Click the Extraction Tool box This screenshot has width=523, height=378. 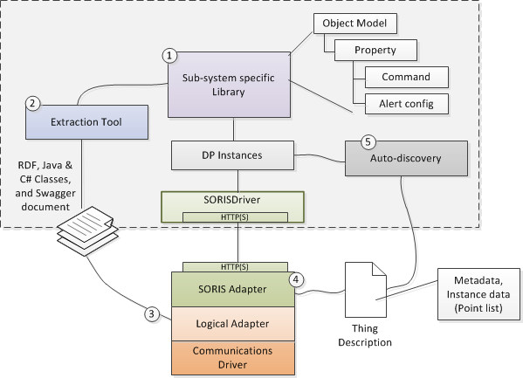86,122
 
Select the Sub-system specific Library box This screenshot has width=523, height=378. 229,85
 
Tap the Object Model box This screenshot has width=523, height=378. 355,24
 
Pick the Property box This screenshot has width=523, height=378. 375,50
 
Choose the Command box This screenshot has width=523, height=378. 407,77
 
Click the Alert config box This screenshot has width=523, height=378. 407,104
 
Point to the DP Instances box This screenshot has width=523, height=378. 232,155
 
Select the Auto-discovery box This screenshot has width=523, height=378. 406,158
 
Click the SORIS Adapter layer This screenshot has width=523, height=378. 233,289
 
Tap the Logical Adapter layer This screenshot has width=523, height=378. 233,324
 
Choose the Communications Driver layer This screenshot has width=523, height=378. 233,358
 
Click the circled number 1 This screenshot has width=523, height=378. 169,55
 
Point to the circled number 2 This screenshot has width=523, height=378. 32,103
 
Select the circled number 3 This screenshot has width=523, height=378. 152,314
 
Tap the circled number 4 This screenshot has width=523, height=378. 296,279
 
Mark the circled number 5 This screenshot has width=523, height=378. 368,141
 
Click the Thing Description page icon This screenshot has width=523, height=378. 366,290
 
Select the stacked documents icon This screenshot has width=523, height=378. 87,230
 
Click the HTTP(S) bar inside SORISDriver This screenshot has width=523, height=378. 235,217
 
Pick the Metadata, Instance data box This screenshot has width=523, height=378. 478,294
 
